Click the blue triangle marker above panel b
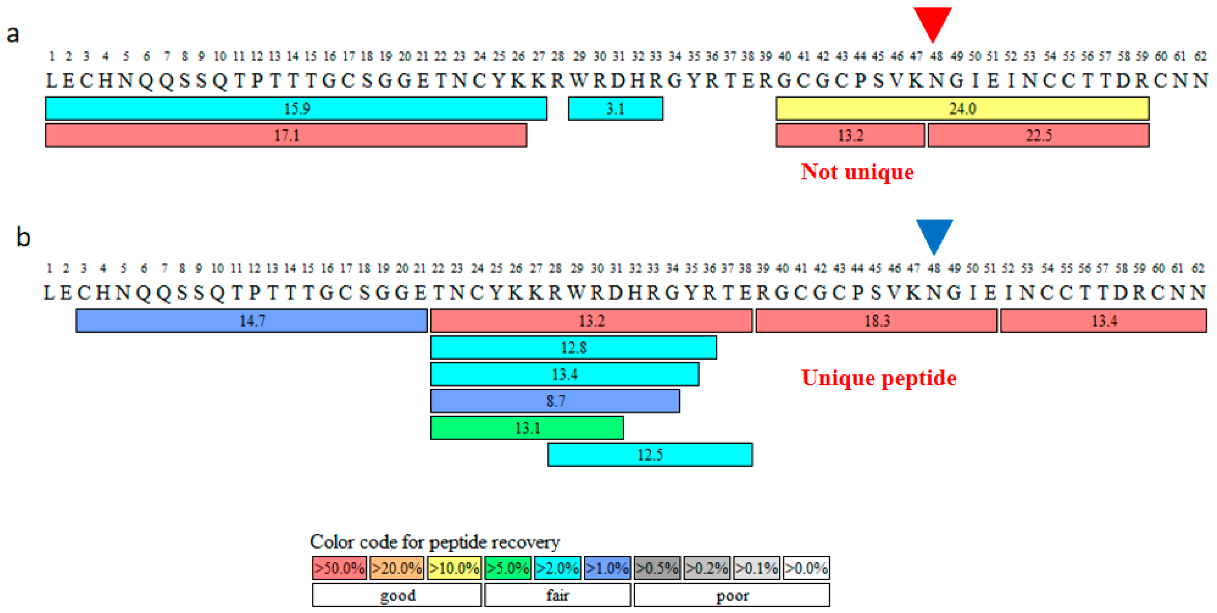[934, 234]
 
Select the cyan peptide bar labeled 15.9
[296, 109]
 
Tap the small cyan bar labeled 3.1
[615, 109]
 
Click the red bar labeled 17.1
[286, 136]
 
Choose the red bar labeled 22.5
[1038, 136]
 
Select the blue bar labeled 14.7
[251, 321]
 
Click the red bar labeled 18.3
[876, 321]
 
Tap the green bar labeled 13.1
[527, 428]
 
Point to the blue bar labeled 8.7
[555, 401]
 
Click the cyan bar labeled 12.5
[650, 455]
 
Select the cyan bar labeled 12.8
[573, 347]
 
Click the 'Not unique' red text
[857, 171]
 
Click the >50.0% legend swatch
[339, 568]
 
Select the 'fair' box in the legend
[558, 595]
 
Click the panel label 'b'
[23, 237]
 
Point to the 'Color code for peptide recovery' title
[434, 542]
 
